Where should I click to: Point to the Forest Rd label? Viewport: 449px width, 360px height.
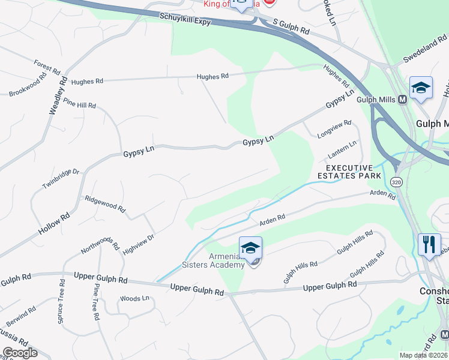47,67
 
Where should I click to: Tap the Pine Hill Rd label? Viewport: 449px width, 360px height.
79,105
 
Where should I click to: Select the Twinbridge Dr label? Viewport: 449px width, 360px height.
61,179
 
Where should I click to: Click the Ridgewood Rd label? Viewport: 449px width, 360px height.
105,205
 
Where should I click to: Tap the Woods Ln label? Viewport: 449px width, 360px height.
134,298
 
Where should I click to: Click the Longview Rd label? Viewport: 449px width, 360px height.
333,130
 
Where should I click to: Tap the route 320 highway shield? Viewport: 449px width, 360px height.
396,181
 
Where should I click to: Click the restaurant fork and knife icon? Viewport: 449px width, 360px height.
429,244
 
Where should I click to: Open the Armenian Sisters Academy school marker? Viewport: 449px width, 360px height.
250,247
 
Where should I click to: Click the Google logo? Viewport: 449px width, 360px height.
20,353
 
